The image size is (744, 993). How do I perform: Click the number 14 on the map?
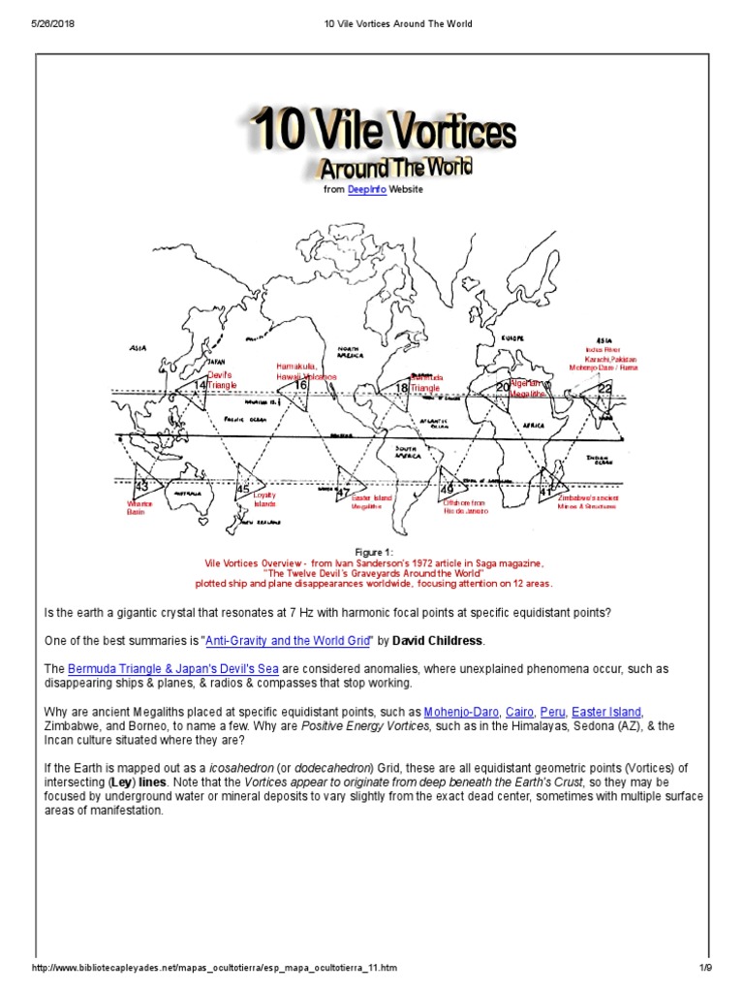200,386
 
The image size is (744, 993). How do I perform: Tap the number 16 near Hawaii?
300,385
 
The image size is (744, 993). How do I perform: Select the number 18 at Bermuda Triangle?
401,388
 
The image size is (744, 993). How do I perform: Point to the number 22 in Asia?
604,388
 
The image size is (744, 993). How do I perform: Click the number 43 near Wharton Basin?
141,485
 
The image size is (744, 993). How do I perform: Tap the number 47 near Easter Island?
342,492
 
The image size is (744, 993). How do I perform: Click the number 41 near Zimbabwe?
545,492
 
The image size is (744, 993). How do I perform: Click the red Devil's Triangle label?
221,379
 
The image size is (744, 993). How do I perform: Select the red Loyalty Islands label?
264,499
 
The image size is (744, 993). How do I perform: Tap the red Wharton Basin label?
141,507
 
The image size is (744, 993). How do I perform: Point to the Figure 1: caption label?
372,552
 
